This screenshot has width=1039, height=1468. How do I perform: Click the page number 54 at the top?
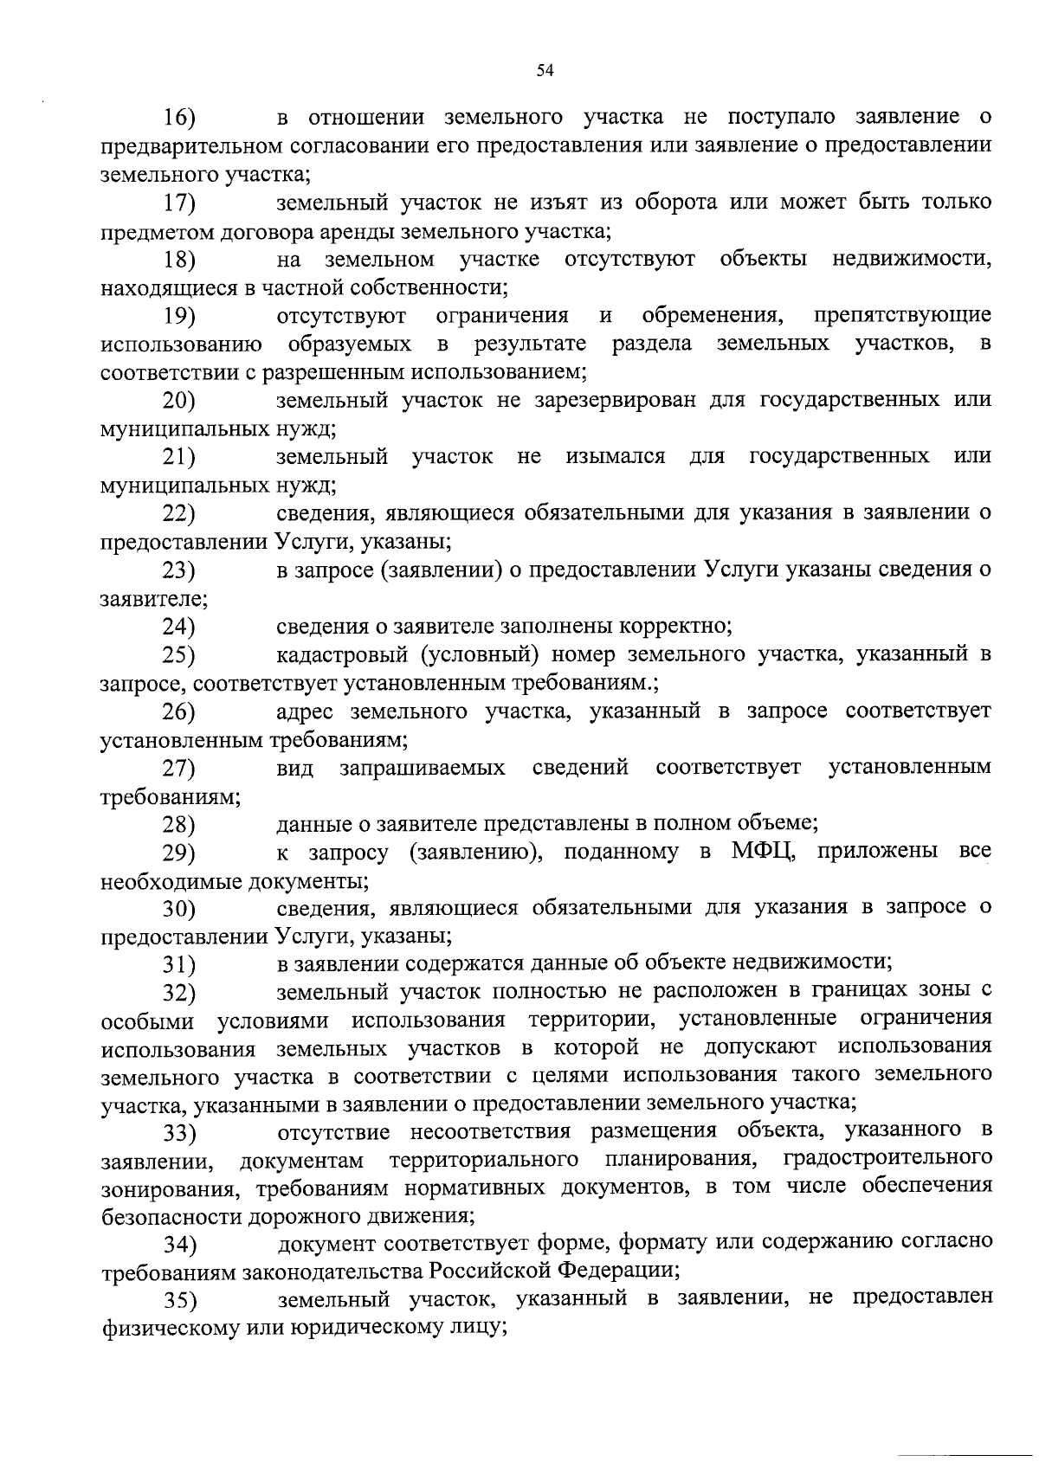(x=545, y=71)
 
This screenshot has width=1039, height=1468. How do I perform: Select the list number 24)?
(x=179, y=627)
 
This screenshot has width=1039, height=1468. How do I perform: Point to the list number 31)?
(x=179, y=964)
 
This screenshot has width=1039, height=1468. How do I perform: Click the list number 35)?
(x=180, y=1301)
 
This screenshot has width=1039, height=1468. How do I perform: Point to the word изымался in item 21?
(x=615, y=456)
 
